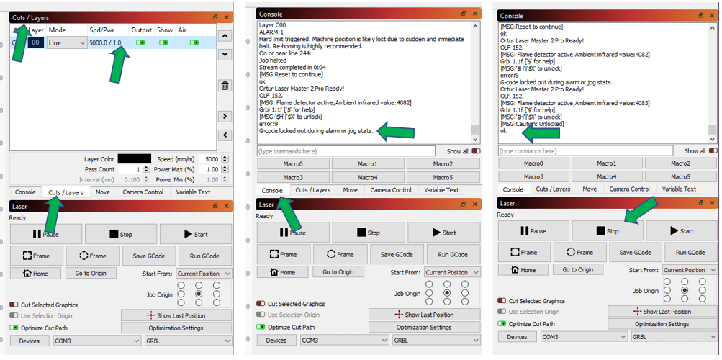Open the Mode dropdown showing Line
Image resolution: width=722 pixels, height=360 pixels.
point(66,43)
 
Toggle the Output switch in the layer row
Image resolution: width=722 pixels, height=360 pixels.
point(140,43)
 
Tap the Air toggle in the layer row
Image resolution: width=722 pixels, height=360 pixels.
point(194,43)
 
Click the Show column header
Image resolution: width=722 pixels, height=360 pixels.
point(165,30)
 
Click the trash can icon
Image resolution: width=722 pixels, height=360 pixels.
point(225,86)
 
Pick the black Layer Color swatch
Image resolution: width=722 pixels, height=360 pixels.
point(134,159)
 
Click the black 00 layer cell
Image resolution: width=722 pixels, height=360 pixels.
point(36,43)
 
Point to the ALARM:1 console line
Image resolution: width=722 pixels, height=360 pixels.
point(271,32)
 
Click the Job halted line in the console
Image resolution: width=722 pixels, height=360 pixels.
point(274,60)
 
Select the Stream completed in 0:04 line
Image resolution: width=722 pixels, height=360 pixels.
point(288,68)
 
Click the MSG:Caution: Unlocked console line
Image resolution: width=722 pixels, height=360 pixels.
point(537,124)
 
